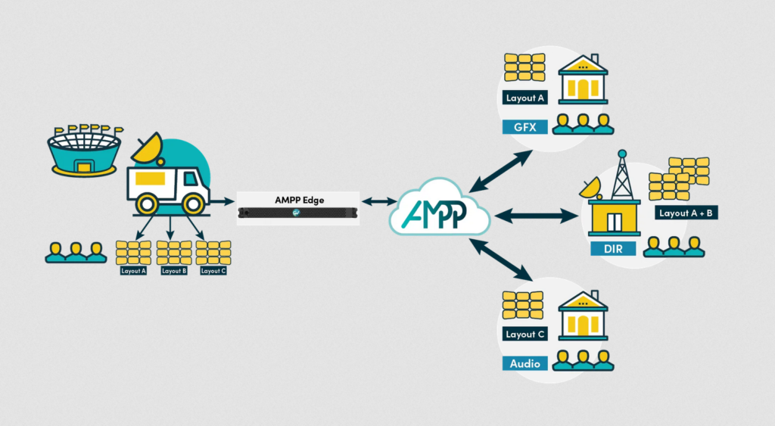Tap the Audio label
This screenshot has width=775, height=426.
[524, 363]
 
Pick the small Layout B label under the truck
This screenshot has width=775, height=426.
[173, 270]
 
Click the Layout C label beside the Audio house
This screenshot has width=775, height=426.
[524, 334]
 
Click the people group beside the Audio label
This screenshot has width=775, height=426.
[583, 360]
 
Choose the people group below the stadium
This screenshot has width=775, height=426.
[76, 253]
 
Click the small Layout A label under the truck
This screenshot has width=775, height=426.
[133, 270]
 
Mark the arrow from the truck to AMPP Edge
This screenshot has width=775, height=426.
[222, 202]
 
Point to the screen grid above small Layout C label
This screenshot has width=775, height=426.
[213, 252]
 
